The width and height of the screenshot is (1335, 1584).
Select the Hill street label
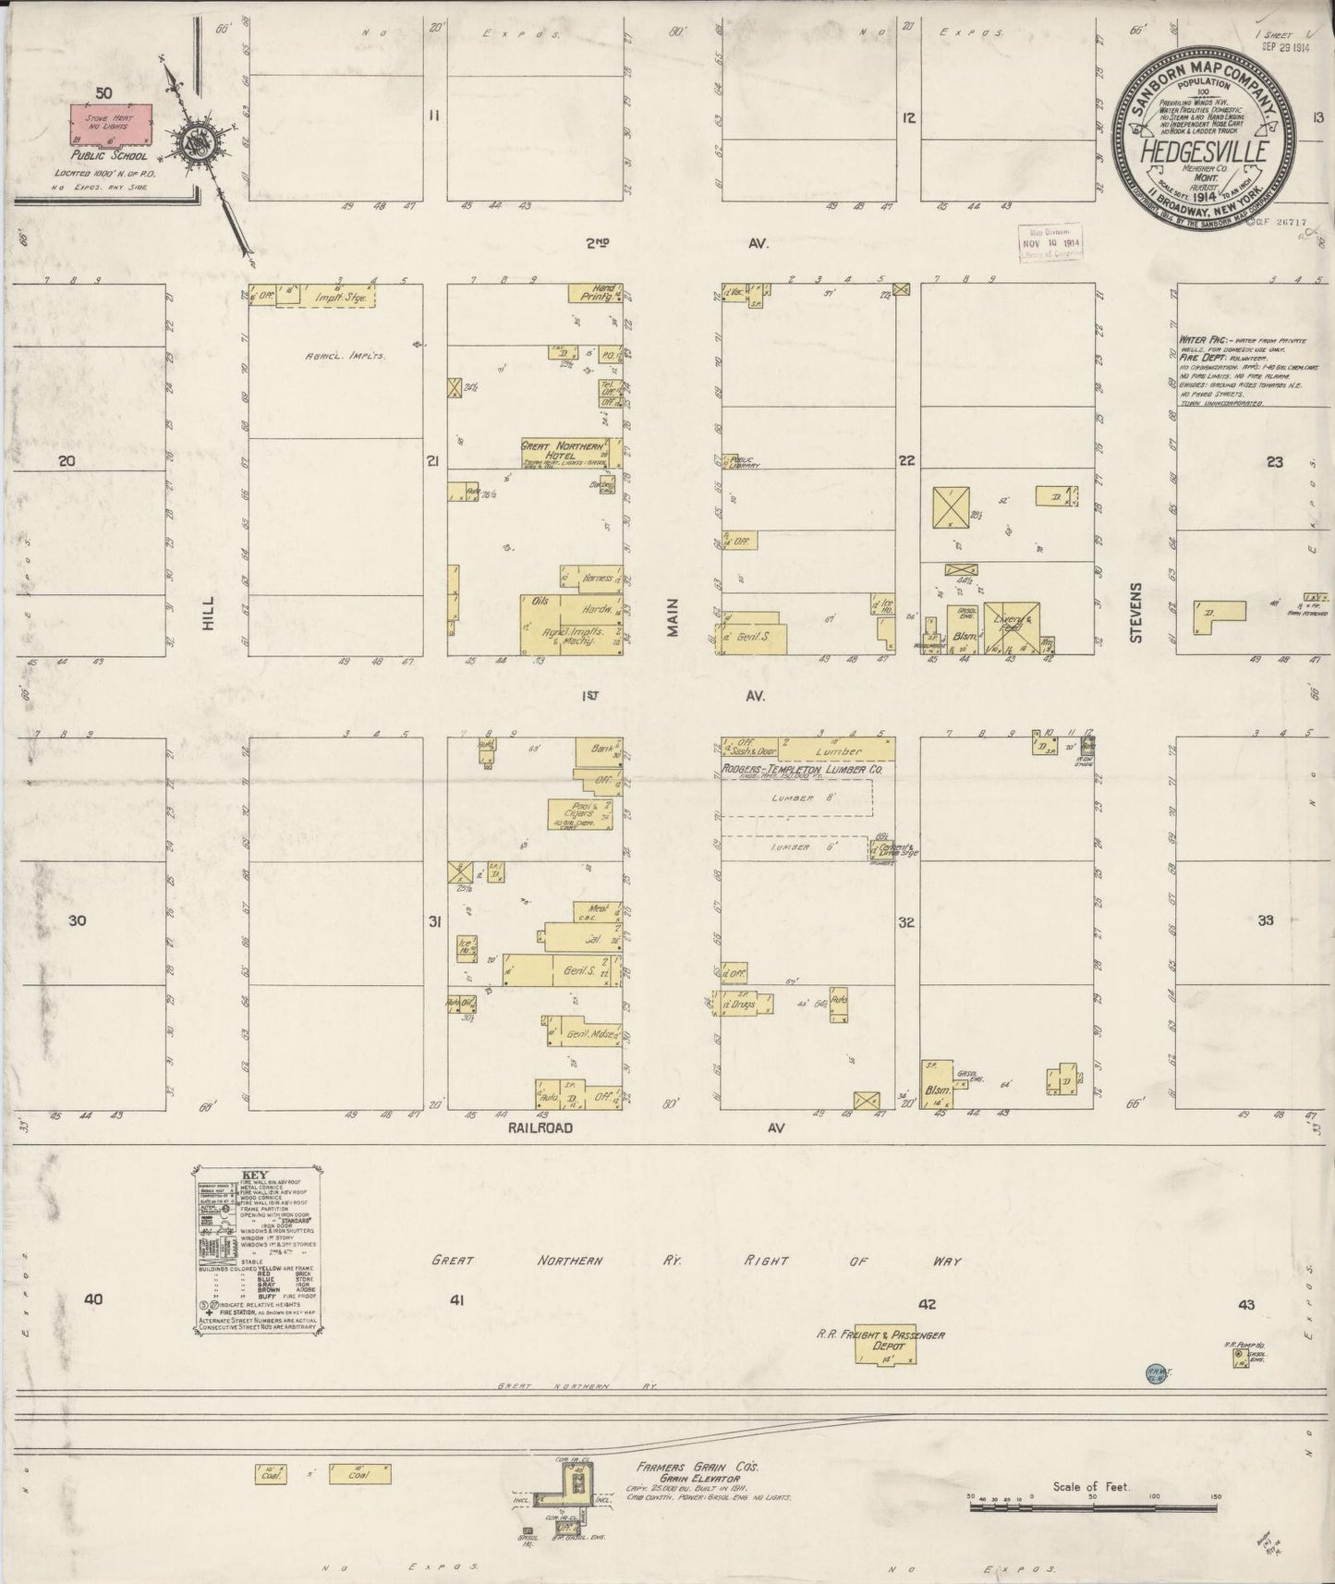point(208,613)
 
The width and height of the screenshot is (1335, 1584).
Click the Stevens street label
point(1137,612)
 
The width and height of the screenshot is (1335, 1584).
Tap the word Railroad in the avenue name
point(540,1128)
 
